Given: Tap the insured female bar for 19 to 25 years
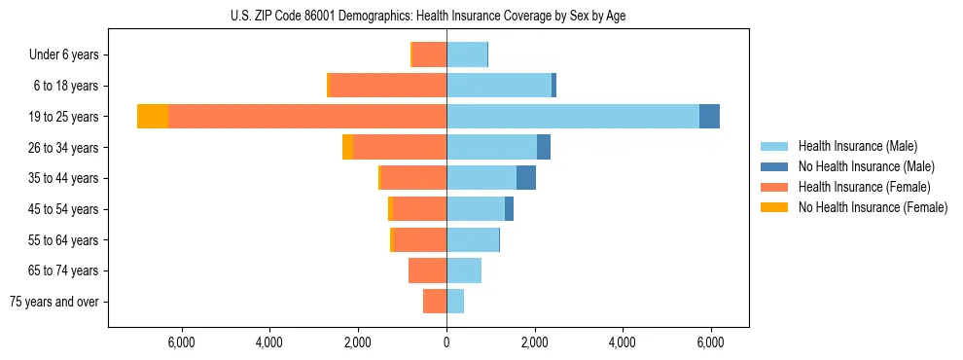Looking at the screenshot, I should point(306,116).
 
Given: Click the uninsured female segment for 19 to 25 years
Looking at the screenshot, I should point(153,116).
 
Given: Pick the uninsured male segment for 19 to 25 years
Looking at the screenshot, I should point(709,116).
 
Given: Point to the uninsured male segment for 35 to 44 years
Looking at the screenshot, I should point(526,178).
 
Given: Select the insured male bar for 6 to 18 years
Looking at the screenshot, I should point(499,86).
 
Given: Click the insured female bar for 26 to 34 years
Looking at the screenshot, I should point(400,147).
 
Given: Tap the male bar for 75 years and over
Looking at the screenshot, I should point(455,302).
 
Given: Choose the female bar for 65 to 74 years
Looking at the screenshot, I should point(428,270).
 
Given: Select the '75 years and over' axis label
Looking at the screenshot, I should point(54,302).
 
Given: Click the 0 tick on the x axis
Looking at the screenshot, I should point(446,342).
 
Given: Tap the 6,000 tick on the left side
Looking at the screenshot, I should point(182,342).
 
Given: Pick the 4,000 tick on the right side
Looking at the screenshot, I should point(623,342).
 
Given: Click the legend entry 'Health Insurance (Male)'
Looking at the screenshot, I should point(857,146).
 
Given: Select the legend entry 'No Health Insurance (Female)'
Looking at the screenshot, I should point(873,207).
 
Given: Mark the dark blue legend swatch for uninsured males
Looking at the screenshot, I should point(775,166).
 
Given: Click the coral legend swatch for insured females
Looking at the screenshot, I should point(775,187).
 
